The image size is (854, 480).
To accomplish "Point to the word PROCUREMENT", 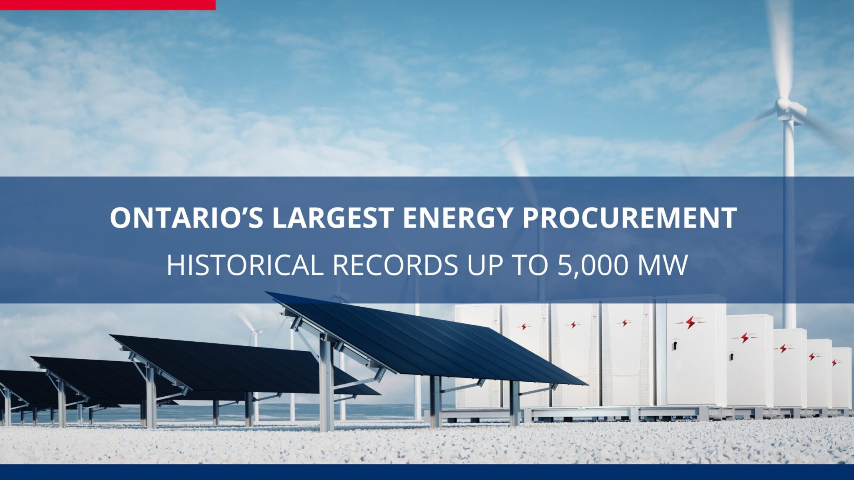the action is pyautogui.click(x=629, y=217).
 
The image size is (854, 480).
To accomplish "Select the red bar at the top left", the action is pyautogui.click(x=108, y=5).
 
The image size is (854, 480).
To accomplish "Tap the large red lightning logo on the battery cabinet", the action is pyautogui.click(x=691, y=322).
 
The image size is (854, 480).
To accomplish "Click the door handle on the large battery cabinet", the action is pyautogui.click(x=673, y=345).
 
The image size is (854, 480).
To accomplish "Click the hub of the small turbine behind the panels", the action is pyautogui.click(x=254, y=332).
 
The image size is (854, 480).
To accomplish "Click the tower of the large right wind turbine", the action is pyautogui.click(x=789, y=225).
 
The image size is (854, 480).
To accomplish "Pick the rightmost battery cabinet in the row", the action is pyautogui.click(x=841, y=377).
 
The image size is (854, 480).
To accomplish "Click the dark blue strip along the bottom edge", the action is pyautogui.click(x=427, y=472).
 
